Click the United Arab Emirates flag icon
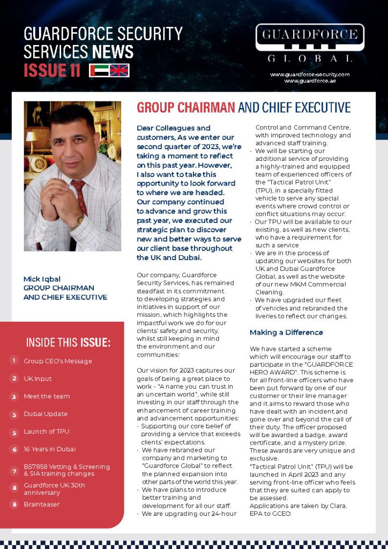pyautogui.click(x=99, y=70)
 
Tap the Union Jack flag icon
pyautogui.click(x=119, y=70)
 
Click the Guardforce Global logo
pyautogui.click(x=310, y=43)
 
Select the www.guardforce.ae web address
pyautogui.click(x=309, y=80)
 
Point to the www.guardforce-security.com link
pyautogui.click(x=309, y=74)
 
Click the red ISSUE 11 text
pyautogui.click(x=51, y=70)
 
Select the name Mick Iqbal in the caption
pyautogui.click(x=42, y=279)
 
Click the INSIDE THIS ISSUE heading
pyautogui.click(x=68, y=343)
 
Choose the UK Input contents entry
pyautogui.click(x=38, y=379)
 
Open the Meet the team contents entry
pyautogui.click(x=47, y=396)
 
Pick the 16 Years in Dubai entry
pyautogui.click(x=49, y=449)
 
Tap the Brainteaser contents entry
pyautogui.click(x=41, y=505)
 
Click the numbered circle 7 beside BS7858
pyautogui.click(x=14, y=470)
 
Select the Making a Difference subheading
pyautogui.click(x=286, y=332)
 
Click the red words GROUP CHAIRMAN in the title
pyautogui.click(x=185, y=108)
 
